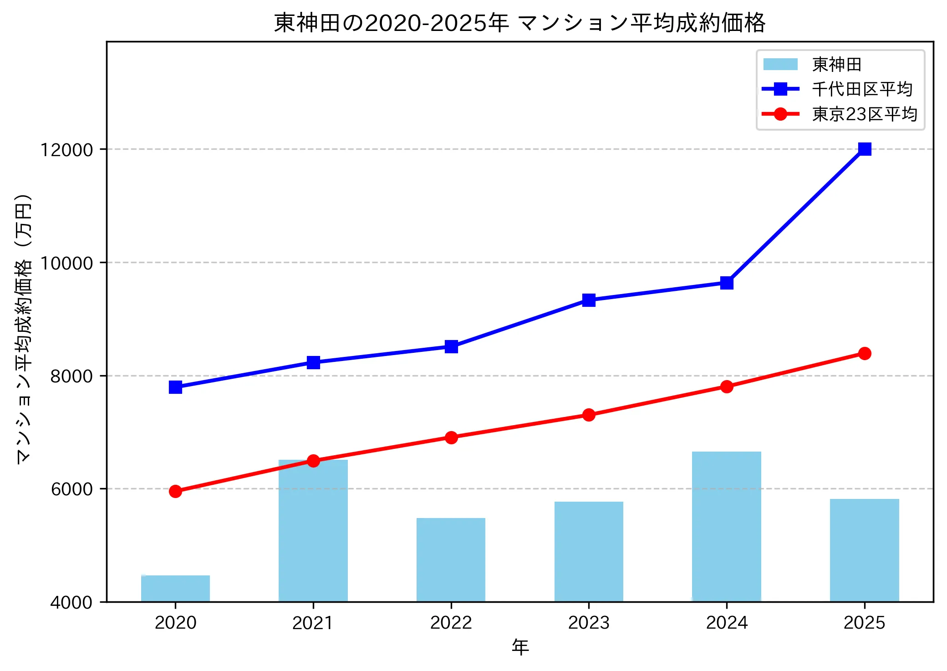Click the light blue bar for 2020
[175, 588]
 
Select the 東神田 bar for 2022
[451, 559]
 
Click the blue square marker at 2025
[865, 149]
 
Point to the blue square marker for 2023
[589, 300]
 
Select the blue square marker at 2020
[175, 387]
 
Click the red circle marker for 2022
[451, 437]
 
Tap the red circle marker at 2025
[865, 353]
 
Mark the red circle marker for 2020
[175, 491]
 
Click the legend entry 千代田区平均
[862, 89]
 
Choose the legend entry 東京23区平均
[865, 114]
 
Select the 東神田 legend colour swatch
[780, 65]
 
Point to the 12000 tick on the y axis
[66, 149]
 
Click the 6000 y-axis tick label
[71, 489]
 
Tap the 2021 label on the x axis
[313, 623]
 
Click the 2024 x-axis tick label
[727, 623]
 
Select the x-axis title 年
[520, 647]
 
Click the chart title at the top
[519, 23]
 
